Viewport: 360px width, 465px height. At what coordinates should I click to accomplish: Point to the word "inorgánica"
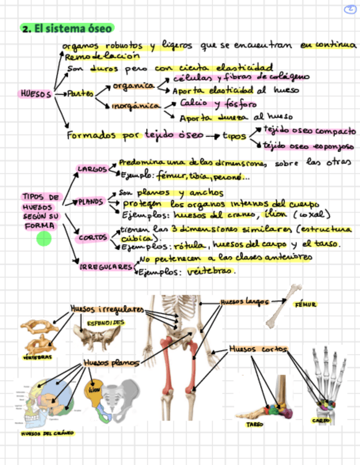coord(136,105)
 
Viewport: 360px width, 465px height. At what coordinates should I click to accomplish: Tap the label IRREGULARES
coord(106,266)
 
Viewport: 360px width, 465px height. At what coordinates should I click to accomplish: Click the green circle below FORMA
coord(44,239)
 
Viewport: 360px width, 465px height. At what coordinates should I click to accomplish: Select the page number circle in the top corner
coord(352,9)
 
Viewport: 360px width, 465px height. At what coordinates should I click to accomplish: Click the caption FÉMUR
coord(305,304)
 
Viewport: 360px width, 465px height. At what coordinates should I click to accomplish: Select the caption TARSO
coord(254,424)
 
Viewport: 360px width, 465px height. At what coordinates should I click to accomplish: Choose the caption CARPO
coord(320,421)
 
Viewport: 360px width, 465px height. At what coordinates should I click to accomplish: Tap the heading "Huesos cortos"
coord(257,349)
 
